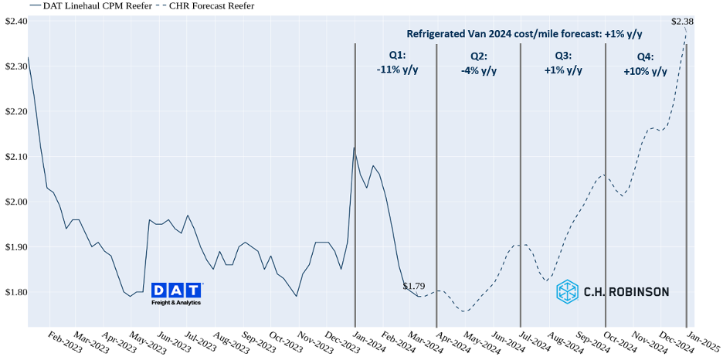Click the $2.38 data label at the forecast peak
tap(683, 22)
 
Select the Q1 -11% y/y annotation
tap(397, 63)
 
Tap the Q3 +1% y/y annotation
tap(563, 63)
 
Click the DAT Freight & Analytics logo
tap(176, 294)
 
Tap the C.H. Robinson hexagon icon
tap(567, 291)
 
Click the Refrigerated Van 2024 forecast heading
tap(525, 34)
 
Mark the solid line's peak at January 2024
tap(354, 148)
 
